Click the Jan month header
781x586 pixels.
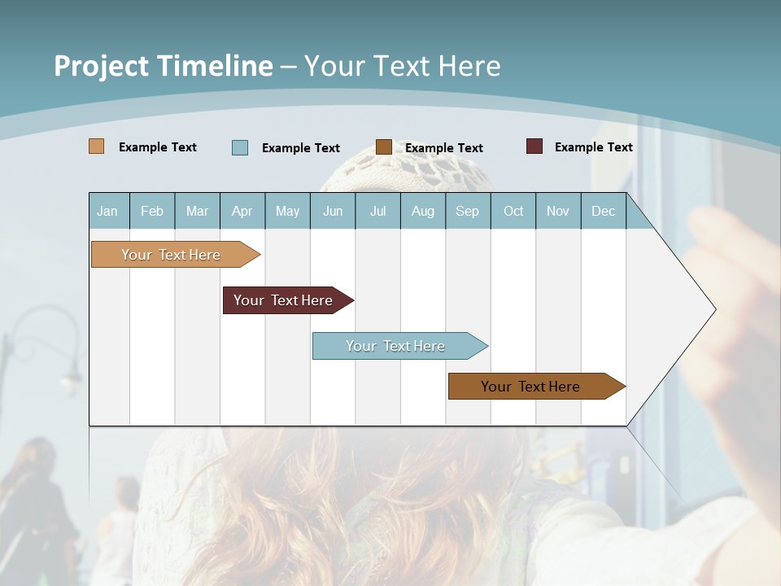point(107,212)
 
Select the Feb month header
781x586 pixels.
point(152,212)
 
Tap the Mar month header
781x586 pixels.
point(197,212)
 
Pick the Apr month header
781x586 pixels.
point(242,212)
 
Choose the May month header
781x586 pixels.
point(287,212)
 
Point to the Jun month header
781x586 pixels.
point(333,212)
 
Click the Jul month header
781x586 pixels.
point(377,212)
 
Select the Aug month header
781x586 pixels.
point(423,212)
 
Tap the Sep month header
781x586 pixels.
point(468,212)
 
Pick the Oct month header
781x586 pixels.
point(513,212)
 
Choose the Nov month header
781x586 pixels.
point(558,212)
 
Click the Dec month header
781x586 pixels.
point(604,212)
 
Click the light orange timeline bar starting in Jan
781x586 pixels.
point(171,255)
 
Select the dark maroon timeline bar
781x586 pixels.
point(283,300)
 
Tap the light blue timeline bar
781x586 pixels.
point(395,346)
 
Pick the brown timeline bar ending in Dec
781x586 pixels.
point(530,387)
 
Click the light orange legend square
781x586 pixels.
point(97,146)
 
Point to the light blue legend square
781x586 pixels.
point(240,147)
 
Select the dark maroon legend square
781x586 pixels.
point(534,146)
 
